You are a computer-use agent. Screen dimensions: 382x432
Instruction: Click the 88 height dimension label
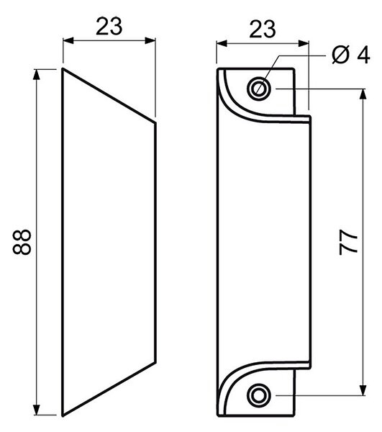22,242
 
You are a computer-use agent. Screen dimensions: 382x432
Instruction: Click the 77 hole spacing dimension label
348,242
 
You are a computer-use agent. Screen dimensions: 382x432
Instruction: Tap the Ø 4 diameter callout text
351,55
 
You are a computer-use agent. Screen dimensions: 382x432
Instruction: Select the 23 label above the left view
109,27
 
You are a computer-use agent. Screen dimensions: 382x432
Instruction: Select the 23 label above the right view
263,30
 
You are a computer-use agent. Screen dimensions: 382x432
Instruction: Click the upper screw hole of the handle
259,89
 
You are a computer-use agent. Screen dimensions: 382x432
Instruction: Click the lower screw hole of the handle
259,395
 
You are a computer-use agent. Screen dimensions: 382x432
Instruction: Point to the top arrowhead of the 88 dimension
37,74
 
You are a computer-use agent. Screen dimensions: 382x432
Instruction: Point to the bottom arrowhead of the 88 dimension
37,410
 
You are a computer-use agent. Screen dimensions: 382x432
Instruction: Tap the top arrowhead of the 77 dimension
363,94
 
